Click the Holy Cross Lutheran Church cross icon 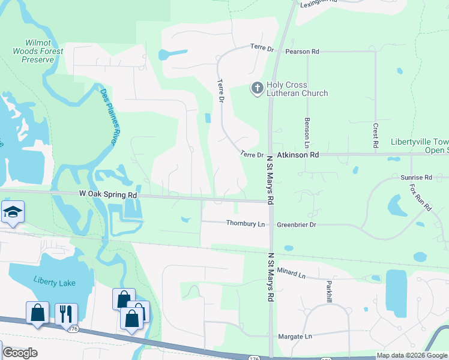[x=257, y=89]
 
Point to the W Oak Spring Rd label [x=108, y=195]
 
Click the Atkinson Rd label [x=298, y=154]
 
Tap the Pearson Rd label [x=302, y=52]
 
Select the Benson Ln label [x=306, y=132]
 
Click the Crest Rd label [x=375, y=136]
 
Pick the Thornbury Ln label [x=246, y=224]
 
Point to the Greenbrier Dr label [x=296, y=224]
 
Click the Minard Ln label [x=292, y=275]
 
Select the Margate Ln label [x=294, y=337]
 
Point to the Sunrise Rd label [x=416, y=178]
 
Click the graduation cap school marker [x=13, y=212]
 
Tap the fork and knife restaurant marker [x=66, y=313]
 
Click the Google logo [x=20, y=353]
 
